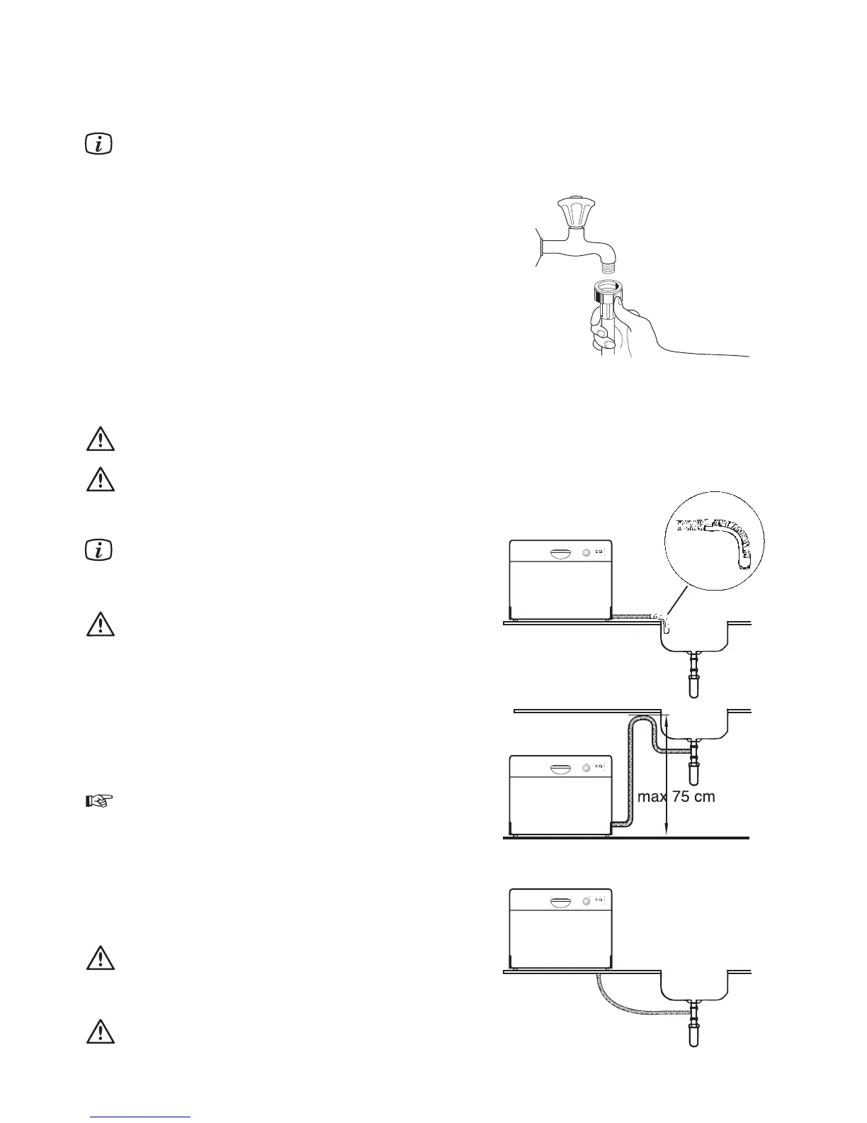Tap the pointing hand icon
(x=100, y=802)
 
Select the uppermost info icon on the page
(x=100, y=146)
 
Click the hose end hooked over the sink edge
(x=667, y=624)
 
